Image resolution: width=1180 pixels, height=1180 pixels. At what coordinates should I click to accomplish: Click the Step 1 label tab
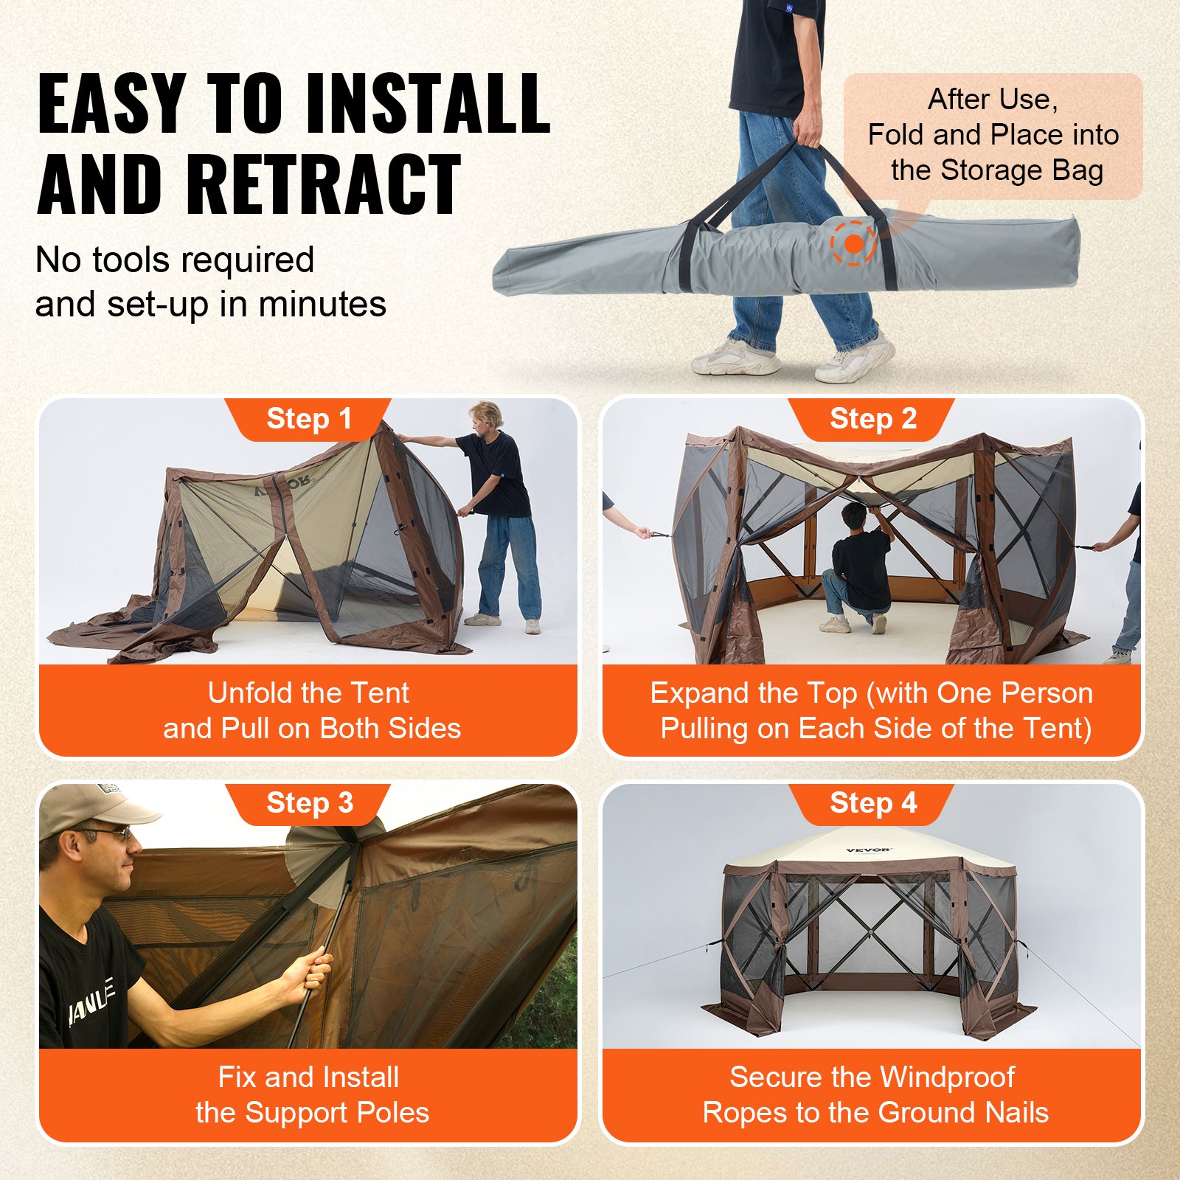pos(308,419)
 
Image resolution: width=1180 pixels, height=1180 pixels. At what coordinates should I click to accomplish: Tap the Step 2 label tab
pos(872,419)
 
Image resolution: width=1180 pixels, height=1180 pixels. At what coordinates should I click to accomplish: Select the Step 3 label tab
pos(309,803)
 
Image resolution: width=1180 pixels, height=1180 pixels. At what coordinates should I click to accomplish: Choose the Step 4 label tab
pos(872,803)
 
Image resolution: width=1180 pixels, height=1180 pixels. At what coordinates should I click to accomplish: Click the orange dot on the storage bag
pos(853,244)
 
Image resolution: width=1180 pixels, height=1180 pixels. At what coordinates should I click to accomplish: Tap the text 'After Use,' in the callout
pos(993,100)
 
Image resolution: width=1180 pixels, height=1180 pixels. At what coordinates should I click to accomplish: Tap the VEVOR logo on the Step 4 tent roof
pos(869,850)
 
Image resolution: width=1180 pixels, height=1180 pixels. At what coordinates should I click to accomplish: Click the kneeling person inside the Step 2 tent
pos(858,568)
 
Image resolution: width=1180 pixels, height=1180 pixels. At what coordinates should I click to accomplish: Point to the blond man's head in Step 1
pos(487,416)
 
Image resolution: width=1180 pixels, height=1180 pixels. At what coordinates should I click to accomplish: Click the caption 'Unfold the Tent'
pos(308,693)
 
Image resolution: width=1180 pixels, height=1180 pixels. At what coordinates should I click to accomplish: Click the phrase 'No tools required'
pos(175,260)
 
